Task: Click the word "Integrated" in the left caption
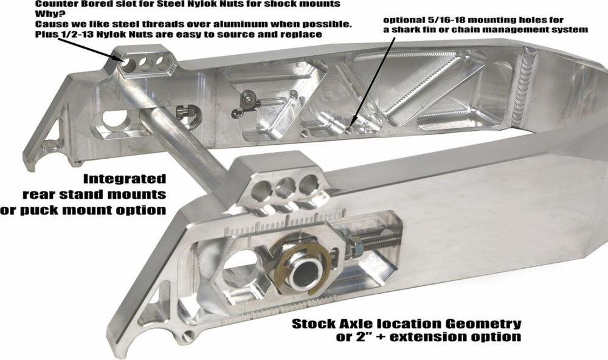tap(125, 179)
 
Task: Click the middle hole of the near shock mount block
tap(285, 187)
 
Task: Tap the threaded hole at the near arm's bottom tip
tap(189, 335)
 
